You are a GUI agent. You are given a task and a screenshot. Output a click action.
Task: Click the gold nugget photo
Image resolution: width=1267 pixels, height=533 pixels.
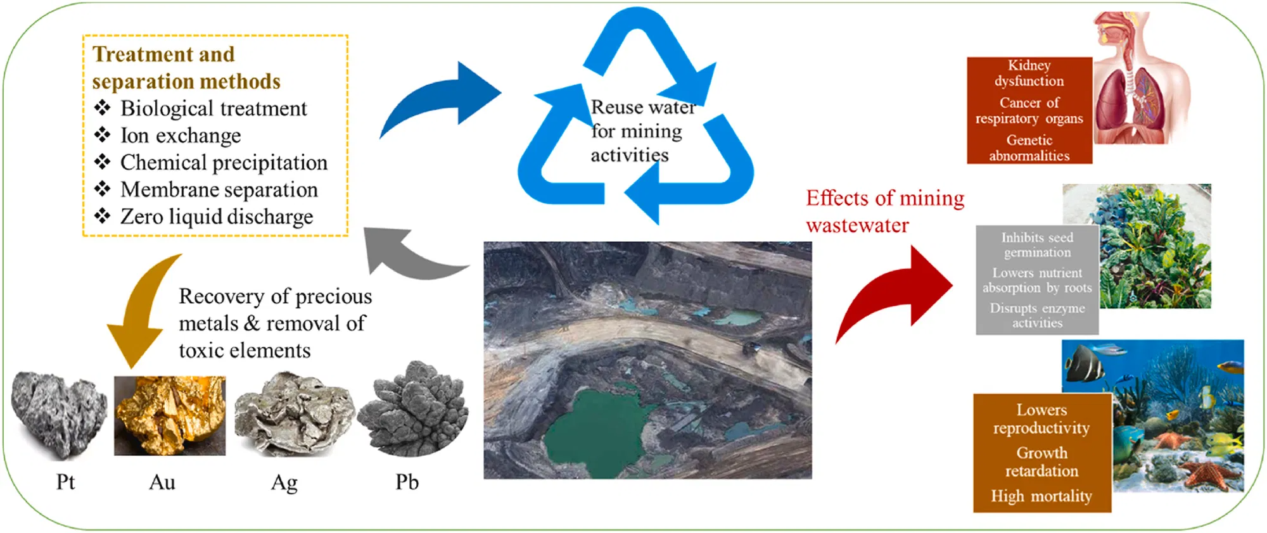point(169,415)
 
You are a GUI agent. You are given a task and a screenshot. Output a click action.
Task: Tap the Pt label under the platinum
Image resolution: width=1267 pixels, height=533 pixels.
point(65,482)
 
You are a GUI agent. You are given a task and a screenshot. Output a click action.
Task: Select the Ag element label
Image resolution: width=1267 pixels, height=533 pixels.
point(284,483)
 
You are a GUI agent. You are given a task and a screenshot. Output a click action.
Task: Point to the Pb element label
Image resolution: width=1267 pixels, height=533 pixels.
point(407,482)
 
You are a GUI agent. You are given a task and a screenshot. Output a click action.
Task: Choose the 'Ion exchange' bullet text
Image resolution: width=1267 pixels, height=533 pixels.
point(181,135)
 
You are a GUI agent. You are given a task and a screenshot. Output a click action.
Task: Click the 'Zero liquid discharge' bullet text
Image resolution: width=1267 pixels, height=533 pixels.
point(217,216)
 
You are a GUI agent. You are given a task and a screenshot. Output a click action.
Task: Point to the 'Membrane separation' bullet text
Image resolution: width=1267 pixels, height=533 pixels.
point(219,189)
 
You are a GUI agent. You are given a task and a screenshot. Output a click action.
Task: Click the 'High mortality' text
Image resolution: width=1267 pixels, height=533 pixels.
point(1041,496)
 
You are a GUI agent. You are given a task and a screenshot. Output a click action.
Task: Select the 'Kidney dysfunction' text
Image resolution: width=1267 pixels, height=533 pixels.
point(1029,73)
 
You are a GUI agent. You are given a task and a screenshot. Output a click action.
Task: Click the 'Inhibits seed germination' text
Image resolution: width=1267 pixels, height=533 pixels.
point(1037,245)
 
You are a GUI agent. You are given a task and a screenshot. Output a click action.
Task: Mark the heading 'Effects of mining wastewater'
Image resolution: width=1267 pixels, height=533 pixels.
point(884,211)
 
